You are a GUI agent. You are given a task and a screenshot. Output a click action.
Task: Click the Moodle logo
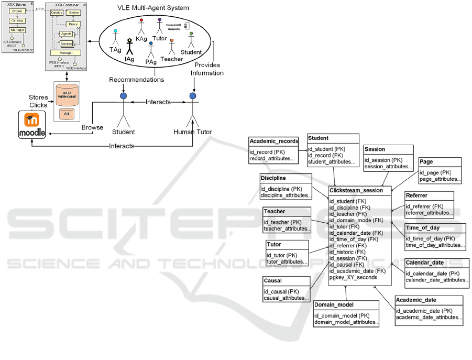[x=32, y=126]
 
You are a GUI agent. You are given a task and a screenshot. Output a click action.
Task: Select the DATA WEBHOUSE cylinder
[x=67, y=94]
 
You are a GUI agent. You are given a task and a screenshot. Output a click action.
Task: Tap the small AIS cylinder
[x=67, y=113]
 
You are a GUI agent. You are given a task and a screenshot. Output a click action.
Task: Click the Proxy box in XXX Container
[x=73, y=25]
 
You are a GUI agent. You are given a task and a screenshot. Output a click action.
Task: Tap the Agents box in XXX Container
[x=67, y=34]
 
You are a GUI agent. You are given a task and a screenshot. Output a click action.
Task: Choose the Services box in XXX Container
[x=67, y=43]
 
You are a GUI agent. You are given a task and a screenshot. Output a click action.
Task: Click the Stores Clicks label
[x=39, y=101]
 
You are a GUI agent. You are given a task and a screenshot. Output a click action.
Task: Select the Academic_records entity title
[x=274, y=141]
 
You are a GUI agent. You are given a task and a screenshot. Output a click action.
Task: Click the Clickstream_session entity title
[x=356, y=191]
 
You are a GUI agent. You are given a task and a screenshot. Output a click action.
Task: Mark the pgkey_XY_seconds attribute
[x=353, y=277]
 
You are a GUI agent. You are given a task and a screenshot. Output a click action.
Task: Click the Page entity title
[x=426, y=162]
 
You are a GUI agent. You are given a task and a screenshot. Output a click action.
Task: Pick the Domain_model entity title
[x=334, y=305]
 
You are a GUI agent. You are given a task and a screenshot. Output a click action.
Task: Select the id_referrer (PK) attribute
[x=424, y=206]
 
